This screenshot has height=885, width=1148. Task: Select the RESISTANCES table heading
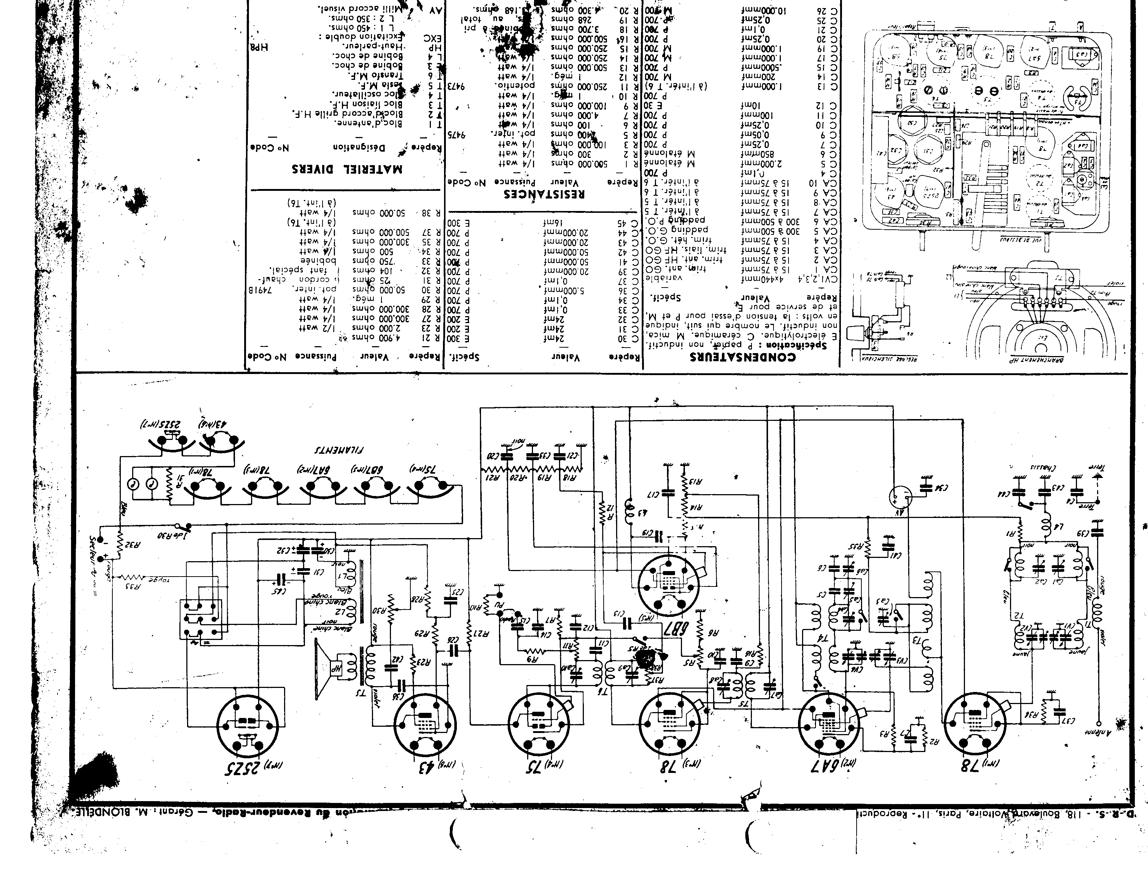[x=545, y=193]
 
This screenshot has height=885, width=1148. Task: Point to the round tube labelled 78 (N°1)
[x=976, y=725]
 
